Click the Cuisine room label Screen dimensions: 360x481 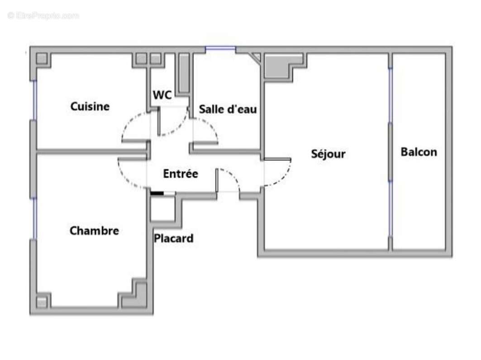tap(90, 106)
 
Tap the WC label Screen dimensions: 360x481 tap(162, 95)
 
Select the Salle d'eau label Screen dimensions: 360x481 tap(228, 109)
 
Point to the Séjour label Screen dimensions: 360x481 tap(328, 154)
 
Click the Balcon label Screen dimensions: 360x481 tap(419, 152)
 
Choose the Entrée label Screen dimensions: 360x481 tap(180, 173)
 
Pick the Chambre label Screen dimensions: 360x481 tap(94, 230)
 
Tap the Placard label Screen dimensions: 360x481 tap(173, 238)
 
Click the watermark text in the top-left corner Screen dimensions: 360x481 tap(43, 15)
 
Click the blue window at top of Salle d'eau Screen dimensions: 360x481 tap(220, 49)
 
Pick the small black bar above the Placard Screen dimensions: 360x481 tap(157, 193)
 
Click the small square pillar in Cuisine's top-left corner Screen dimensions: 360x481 tap(42, 59)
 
